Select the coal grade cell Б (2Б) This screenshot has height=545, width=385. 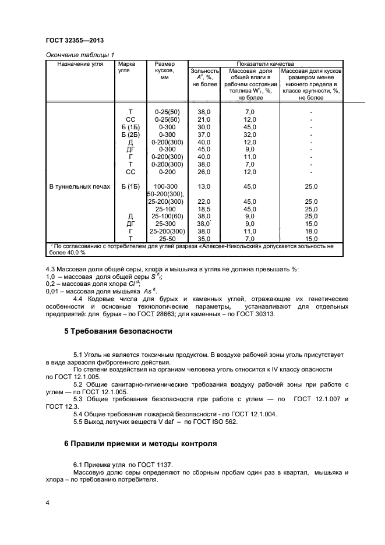click(130, 134)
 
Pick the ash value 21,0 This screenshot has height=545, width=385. click(204, 119)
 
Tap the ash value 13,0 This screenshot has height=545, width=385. click(204, 186)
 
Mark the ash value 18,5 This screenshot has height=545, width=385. click(204, 208)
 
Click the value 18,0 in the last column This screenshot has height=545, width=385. click(311, 231)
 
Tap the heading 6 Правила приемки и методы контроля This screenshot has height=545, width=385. click(140, 443)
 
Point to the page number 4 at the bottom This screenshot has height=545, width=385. click(47, 501)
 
